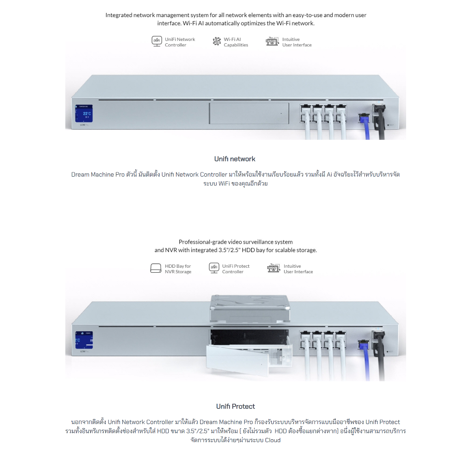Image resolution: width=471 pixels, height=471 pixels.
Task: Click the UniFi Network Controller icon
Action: coord(157,41)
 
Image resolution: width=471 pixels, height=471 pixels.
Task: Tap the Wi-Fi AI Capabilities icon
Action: coord(217,42)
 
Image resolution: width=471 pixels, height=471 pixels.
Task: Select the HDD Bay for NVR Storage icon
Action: coord(156,268)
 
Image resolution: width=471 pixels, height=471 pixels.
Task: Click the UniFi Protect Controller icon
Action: coord(213,268)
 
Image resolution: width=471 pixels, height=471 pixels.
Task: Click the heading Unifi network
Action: coord(235,159)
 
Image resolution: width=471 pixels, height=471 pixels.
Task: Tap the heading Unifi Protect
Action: coord(235,407)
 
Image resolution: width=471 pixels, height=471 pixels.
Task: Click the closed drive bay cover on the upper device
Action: coord(249,113)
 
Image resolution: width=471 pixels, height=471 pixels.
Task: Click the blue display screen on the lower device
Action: coord(84,340)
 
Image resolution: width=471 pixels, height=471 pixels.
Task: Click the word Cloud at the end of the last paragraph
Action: coord(272,440)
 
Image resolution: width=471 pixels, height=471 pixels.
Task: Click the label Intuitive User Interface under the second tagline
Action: coord(298,269)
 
